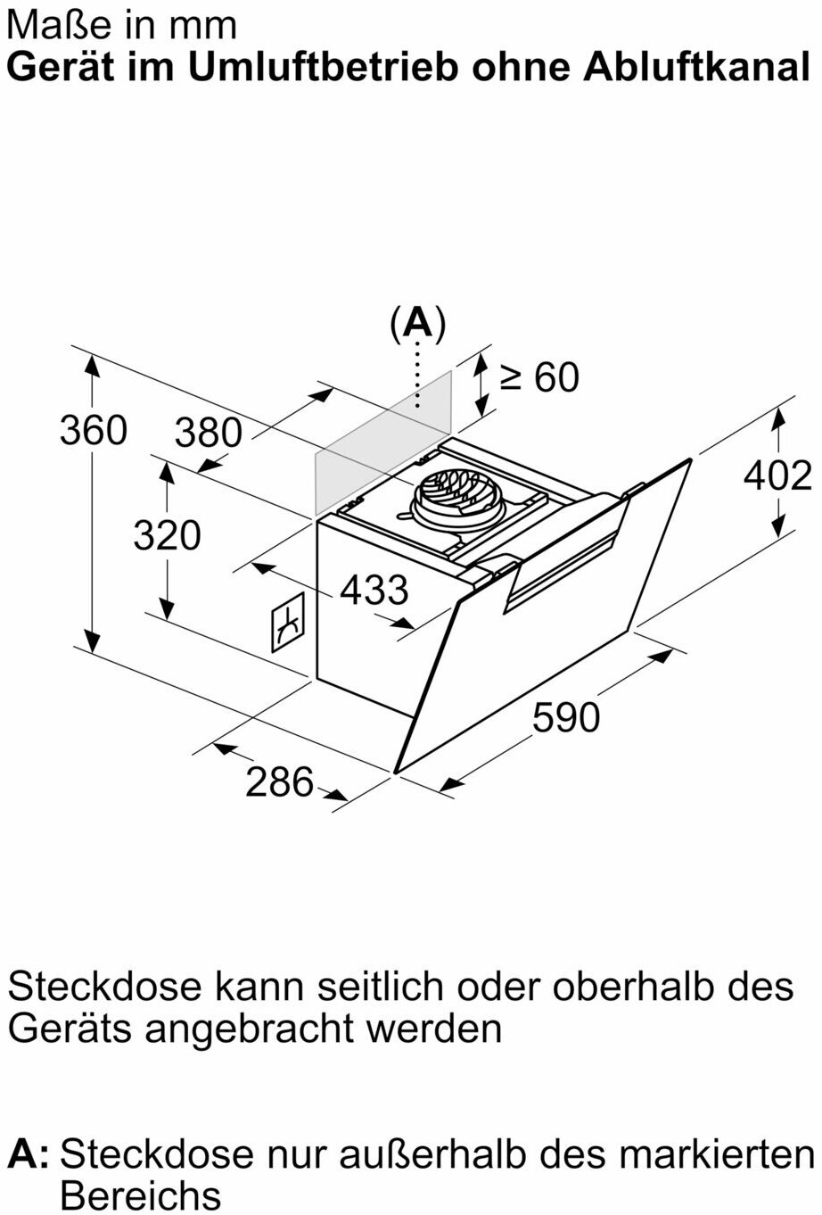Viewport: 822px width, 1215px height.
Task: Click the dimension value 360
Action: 94,430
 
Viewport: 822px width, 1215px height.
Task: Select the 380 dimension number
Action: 209,433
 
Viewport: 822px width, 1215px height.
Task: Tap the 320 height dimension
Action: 167,535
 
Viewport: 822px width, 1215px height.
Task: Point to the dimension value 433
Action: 374,590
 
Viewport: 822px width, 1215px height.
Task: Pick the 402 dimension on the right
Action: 777,475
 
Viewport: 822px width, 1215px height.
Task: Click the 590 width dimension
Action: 566,716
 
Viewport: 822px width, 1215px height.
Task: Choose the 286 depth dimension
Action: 280,781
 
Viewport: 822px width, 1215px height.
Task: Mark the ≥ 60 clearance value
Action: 539,377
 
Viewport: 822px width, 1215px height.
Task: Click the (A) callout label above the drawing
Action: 417,324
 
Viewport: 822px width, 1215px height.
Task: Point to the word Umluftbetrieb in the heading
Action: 323,67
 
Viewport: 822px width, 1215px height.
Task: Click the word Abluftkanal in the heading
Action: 697,67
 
